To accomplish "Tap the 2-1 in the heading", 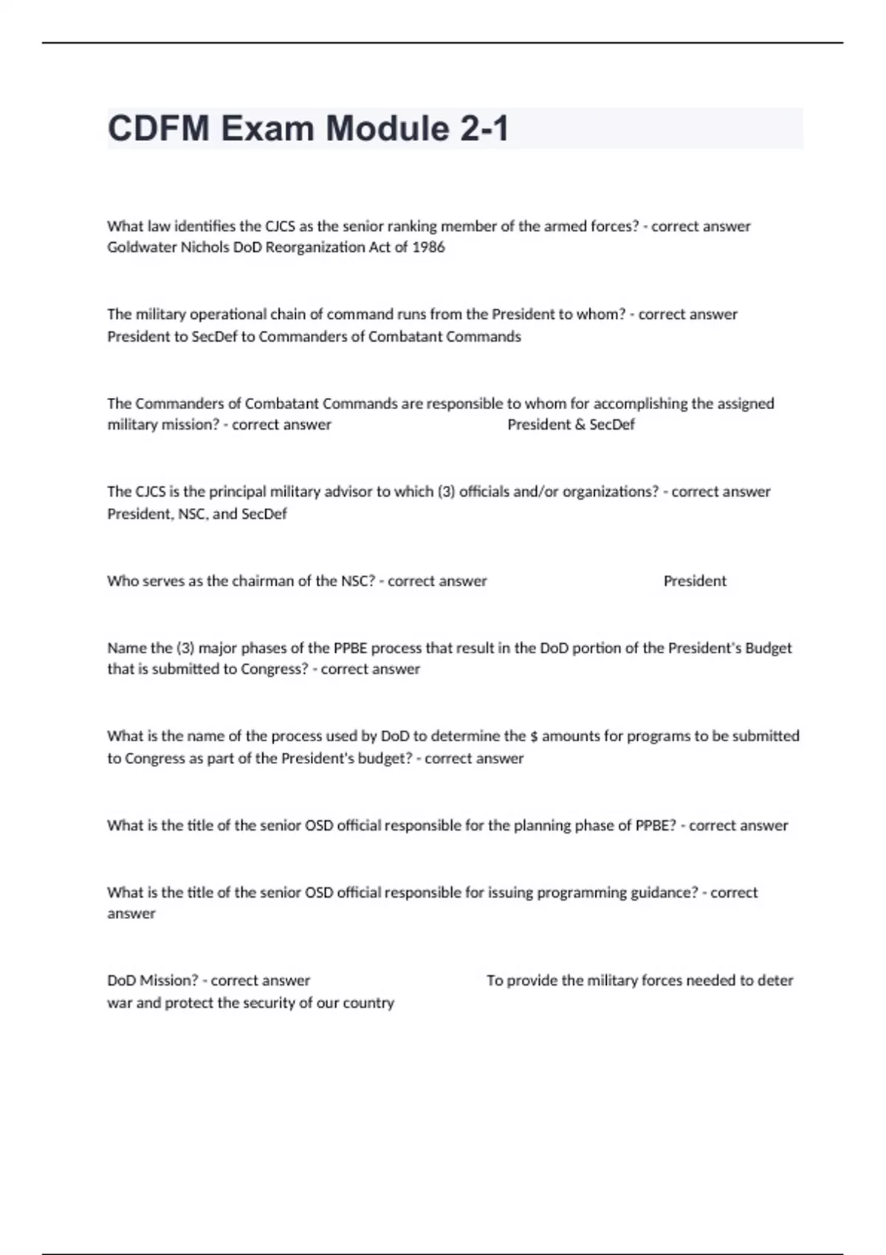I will click(484, 129).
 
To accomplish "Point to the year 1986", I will click(428, 247).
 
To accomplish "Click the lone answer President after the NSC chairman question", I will click(695, 581).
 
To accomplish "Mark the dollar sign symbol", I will click(534, 736).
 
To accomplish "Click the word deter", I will click(775, 980).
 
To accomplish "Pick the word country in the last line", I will click(369, 1003).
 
